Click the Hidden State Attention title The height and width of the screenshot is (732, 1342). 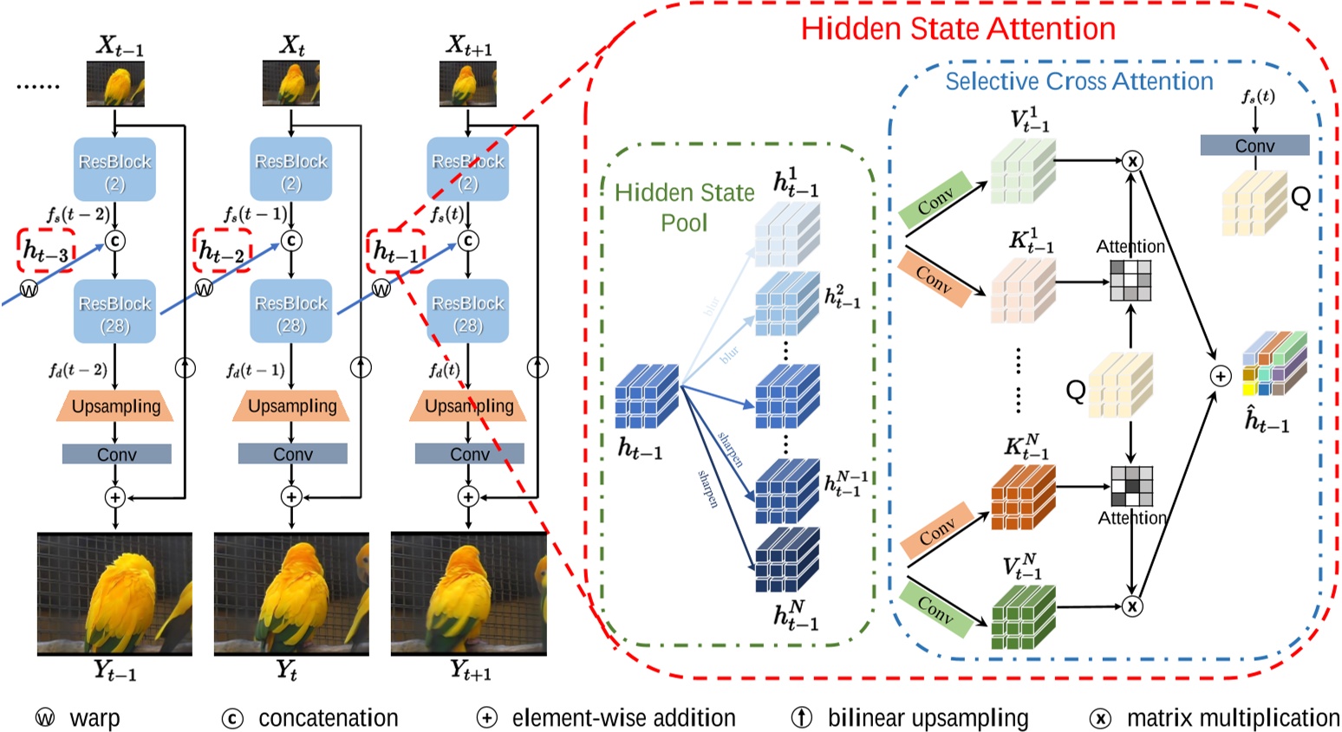(957, 29)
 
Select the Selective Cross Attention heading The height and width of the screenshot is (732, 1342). (1078, 81)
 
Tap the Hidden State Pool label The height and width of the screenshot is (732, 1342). (684, 207)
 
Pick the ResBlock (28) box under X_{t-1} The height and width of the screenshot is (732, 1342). (115, 313)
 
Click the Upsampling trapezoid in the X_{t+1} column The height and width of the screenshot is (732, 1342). (469, 406)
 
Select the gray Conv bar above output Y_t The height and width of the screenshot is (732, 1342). (292, 454)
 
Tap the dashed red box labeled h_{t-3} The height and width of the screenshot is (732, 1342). (46, 251)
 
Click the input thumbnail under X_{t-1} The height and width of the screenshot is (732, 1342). (115, 85)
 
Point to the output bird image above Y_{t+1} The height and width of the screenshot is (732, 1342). (469, 594)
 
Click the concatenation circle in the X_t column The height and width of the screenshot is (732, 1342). (291, 240)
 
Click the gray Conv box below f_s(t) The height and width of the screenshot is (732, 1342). (1254, 146)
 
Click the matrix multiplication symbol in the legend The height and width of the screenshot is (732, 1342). (1100, 718)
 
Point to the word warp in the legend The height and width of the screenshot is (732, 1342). (94, 718)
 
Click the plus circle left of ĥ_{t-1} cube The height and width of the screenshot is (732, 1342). (1220, 376)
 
